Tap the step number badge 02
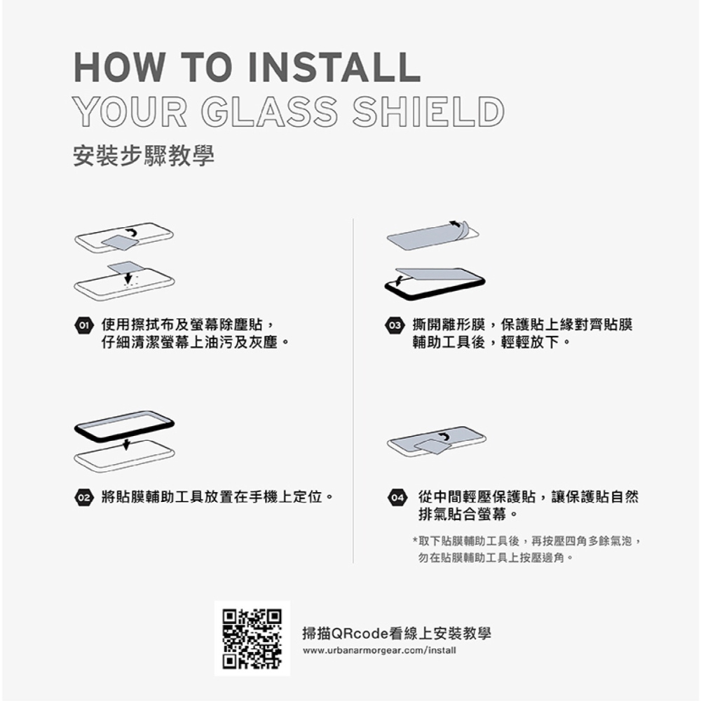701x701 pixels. tap(84, 497)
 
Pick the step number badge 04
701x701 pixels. tap(396, 497)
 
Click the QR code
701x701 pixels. tap(252, 638)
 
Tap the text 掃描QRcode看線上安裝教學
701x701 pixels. tap(395, 633)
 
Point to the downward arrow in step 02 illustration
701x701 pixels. tap(125, 444)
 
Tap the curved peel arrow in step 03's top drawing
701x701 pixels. tap(456, 224)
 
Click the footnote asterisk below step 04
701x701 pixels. tap(415, 542)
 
